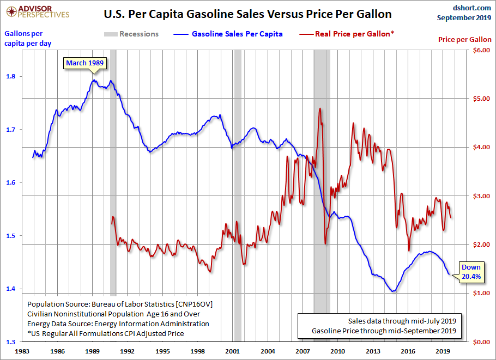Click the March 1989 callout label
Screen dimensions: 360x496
pos(84,63)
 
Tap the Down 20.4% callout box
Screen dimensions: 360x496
pos(471,272)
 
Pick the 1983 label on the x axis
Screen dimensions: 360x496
pos(22,351)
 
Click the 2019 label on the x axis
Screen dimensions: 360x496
pos(443,351)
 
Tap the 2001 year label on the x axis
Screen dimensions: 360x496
pos(233,351)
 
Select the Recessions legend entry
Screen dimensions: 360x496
pos(131,34)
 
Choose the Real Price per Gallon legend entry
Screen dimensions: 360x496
pos(347,34)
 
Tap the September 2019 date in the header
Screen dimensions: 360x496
pos(464,17)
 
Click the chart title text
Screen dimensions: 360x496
pos(247,13)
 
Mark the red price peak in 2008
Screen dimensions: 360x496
pos(319,109)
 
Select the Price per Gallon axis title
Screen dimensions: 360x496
pos(465,40)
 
